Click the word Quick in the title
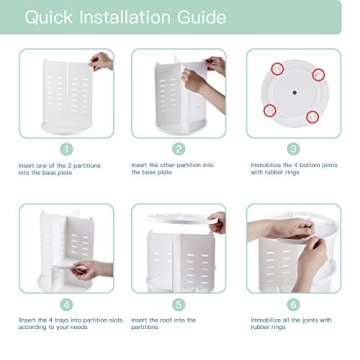click(49, 17)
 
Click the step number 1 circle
click(66, 149)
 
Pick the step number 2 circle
click(179, 149)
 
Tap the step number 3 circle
click(293, 149)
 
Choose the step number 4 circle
click(66, 304)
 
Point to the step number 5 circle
click(179, 304)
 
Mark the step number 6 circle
click(293, 304)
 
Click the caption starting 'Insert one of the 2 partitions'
click(59, 169)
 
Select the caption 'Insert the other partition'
click(172, 169)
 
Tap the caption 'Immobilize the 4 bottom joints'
click(294, 169)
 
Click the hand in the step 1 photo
click(100, 62)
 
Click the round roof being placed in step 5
click(178, 219)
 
